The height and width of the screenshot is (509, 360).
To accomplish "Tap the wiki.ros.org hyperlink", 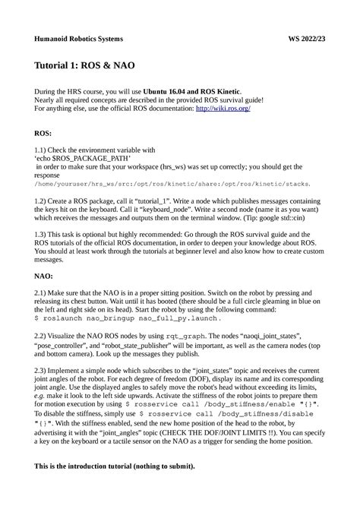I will coord(223,108).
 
